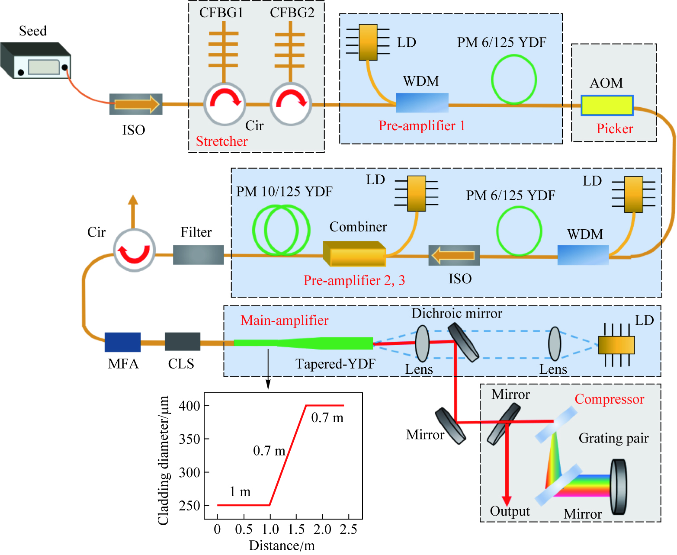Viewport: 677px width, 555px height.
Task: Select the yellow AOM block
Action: pos(606,106)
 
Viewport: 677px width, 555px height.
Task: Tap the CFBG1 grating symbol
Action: pos(223,50)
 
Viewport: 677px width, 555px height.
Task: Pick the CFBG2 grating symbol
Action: pos(290,50)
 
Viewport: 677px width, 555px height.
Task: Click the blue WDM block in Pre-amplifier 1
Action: pos(422,103)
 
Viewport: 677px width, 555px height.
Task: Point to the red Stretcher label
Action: pos(222,141)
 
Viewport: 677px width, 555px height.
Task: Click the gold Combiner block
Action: pos(354,254)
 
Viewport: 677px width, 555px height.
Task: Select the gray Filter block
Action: pos(198,255)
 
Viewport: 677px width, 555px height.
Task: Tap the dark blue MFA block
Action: pos(122,342)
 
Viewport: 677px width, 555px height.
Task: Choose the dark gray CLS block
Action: pos(182,342)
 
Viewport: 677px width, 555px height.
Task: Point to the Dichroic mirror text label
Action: pos(457,313)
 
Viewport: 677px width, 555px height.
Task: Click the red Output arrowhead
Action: pos(507,501)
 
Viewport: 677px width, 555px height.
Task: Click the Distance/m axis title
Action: pos(282,546)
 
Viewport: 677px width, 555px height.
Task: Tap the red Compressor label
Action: pos(609,399)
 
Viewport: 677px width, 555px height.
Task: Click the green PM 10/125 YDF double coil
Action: pos(281,230)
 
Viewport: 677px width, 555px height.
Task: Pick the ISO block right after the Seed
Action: pos(136,104)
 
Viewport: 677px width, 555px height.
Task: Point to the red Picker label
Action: pos(615,129)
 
